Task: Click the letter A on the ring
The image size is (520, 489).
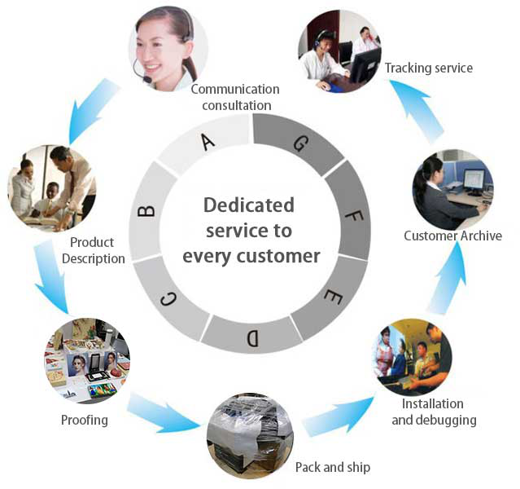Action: pos(208,142)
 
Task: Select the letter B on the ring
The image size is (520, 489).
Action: pos(146,211)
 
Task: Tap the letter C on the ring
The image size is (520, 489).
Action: pos(168,300)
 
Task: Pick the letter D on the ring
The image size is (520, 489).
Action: pos(252,338)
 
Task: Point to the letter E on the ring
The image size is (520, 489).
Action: pos(333,297)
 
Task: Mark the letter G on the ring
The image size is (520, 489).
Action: pos(301,143)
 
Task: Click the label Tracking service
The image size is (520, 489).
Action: pos(429,68)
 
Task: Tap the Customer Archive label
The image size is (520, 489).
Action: pos(452,236)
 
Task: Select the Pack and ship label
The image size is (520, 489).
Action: pos(333,468)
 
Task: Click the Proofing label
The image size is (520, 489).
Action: pos(85,421)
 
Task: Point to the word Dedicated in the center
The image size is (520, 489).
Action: pos(249,205)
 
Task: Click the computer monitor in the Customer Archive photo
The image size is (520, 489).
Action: pos(474,181)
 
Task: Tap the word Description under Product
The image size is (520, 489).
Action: pos(94,259)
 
